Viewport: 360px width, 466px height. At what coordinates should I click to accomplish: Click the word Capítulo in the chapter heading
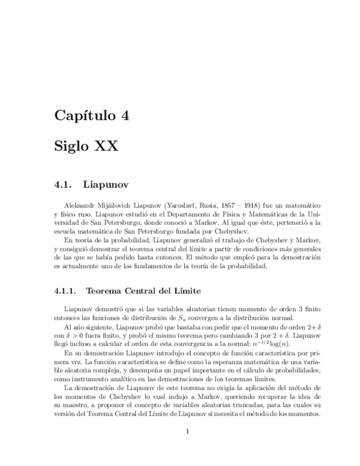(x=84, y=116)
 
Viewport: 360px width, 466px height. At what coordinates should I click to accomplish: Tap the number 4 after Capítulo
(x=125, y=116)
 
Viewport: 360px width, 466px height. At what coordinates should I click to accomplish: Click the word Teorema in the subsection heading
(x=107, y=290)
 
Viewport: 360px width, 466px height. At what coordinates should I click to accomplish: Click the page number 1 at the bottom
(x=187, y=431)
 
